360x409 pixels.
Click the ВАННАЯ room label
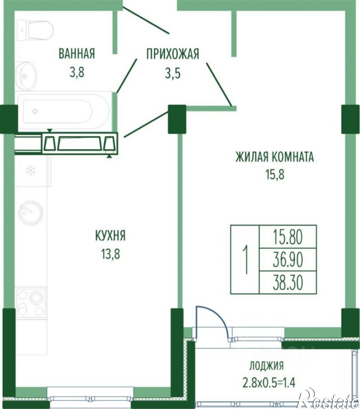point(76,54)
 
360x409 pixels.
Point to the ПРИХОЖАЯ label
point(172,54)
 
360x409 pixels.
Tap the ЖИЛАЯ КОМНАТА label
point(275,158)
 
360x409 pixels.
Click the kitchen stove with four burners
point(31,302)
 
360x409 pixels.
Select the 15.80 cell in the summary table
point(288,236)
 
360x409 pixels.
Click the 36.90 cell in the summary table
point(288,259)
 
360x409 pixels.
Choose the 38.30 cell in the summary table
point(288,283)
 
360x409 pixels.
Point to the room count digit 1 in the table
point(245,259)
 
